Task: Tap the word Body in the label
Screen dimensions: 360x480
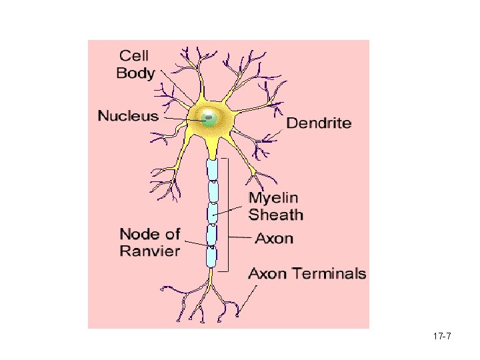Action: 135,73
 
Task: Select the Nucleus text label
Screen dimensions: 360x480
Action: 129,116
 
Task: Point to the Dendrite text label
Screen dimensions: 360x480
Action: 319,123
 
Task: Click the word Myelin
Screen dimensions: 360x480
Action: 273,198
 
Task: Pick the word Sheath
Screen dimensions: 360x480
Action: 276,215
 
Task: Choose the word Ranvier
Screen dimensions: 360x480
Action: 150,251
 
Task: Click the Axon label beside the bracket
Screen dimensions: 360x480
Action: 274,238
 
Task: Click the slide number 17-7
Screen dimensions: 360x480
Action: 441,337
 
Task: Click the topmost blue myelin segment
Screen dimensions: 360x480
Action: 212,170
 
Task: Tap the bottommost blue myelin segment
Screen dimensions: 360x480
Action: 211,256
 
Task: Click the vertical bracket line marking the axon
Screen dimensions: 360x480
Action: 228,213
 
